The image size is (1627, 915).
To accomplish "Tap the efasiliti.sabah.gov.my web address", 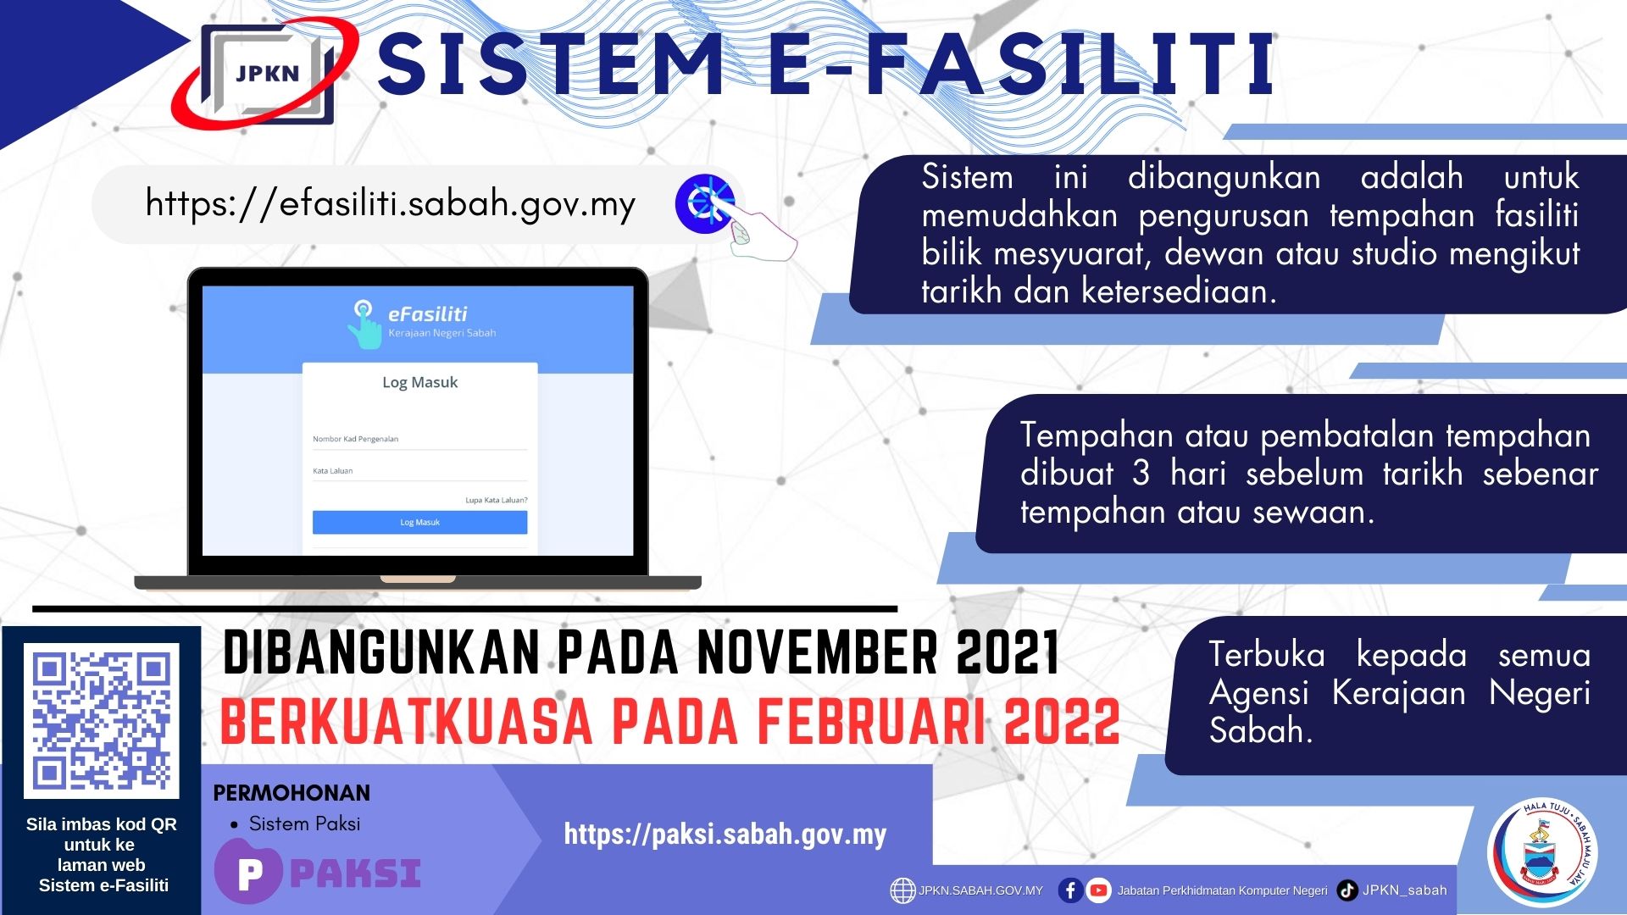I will (x=391, y=204).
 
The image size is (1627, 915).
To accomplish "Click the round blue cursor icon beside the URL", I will (x=704, y=204).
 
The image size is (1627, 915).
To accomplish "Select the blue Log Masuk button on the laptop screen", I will (x=419, y=522).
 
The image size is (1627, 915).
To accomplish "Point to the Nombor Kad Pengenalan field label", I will (x=355, y=439).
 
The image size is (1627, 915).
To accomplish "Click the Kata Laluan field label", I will (x=332, y=471).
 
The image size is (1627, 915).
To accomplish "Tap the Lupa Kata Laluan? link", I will (x=496, y=500).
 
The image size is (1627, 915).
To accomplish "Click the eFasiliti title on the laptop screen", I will (x=427, y=314).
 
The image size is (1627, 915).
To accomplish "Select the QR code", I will (x=102, y=720).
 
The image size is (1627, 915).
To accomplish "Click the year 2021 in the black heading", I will (x=1008, y=653).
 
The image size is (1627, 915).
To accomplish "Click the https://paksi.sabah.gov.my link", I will (x=725, y=835).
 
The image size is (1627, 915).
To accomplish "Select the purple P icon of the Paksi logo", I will (x=248, y=873).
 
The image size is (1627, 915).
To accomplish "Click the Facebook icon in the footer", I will (x=1070, y=890).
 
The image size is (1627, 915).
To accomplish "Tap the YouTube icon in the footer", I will (x=1098, y=890).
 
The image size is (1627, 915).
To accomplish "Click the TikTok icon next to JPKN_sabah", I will (x=1347, y=890).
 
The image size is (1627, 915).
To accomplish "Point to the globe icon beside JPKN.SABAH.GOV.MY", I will (x=902, y=890).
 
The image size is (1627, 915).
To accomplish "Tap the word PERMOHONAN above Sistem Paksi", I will (x=292, y=793).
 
